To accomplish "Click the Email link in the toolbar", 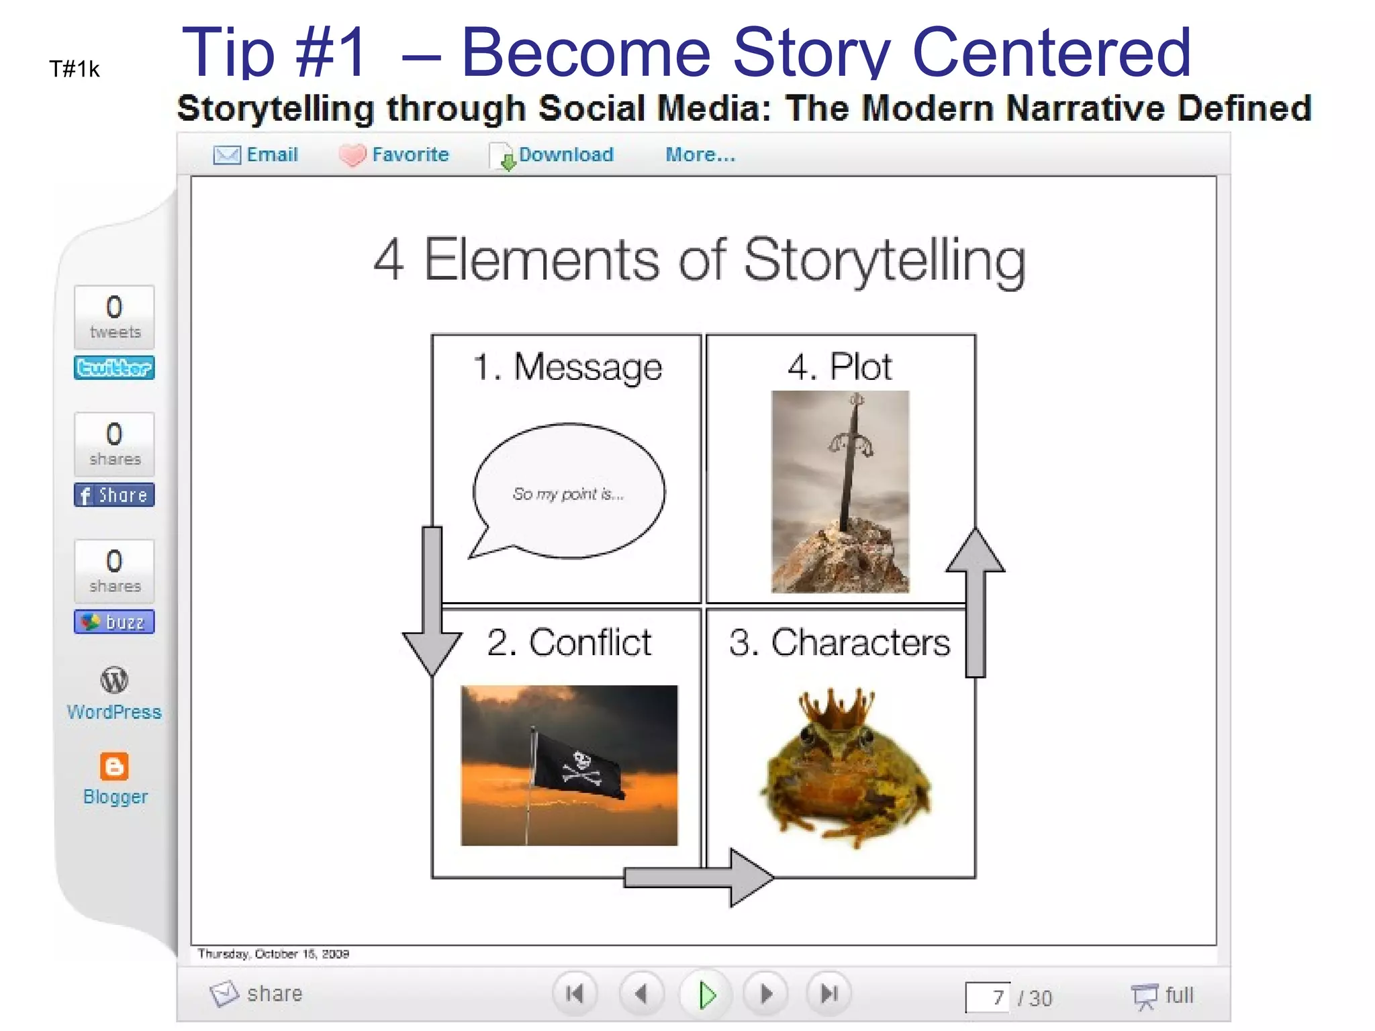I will pos(271,155).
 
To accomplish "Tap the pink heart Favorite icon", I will pos(352,156).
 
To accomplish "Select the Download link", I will pos(565,155).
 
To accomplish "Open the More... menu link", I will pos(700,155).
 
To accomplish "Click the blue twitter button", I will pos(114,368).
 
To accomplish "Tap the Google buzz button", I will pos(114,622).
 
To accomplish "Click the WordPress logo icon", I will pos(114,680).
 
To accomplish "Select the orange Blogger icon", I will pos(114,766).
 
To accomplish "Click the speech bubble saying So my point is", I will pos(569,493).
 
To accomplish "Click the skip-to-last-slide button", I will pos(830,993).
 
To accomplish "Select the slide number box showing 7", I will pos(987,997).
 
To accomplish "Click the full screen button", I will pos(1163,995).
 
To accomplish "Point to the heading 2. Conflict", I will pos(569,642).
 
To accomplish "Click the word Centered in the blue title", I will pos(1051,52).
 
